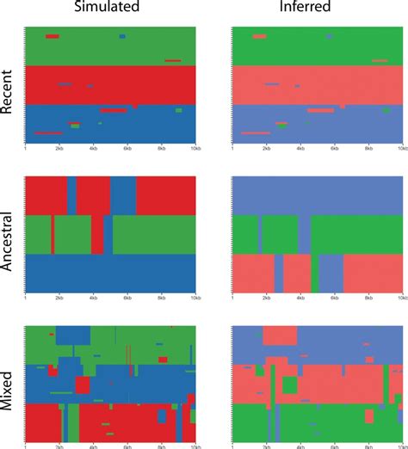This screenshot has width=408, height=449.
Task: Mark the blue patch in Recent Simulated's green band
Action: pyautogui.click(x=122, y=37)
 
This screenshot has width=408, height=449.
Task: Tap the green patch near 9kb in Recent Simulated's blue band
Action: pyautogui.click(x=178, y=110)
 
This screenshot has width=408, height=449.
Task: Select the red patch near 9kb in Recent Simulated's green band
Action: pyautogui.click(x=173, y=60)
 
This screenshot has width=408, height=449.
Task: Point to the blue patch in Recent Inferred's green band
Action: pyautogui.click(x=329, y=37)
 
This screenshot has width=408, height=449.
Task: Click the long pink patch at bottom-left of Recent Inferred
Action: pyautogui.click(x=256, y=133)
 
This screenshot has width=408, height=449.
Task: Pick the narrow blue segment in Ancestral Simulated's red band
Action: pyautogui.click(x=71, y=194)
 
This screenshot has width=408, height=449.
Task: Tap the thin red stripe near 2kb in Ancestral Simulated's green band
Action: pyautogui.click(x=53, y=233)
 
